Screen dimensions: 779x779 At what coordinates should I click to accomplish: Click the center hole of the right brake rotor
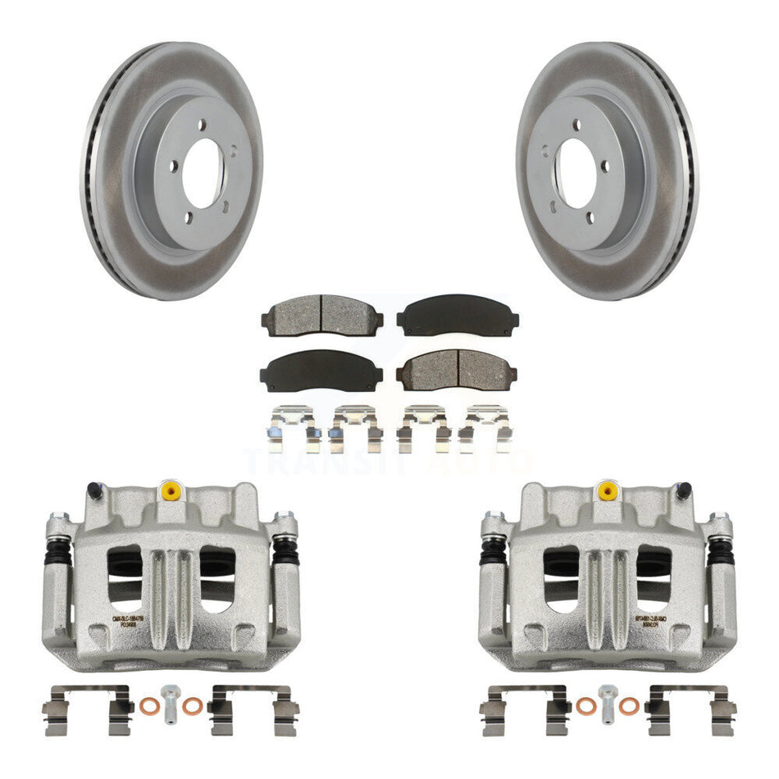(577, 174)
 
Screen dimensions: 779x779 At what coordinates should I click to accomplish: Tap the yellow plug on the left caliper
(171, 490)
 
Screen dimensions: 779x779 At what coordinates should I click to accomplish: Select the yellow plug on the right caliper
(607, 490)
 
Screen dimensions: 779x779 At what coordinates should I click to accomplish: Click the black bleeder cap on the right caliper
(682, 491)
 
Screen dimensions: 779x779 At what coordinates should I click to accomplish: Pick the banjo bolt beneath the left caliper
(171, 702)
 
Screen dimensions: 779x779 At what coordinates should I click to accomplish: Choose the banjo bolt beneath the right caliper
(607, 702)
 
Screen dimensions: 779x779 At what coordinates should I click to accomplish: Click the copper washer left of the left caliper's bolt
(148, 705)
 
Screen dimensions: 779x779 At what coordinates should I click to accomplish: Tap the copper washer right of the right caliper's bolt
(629, 706)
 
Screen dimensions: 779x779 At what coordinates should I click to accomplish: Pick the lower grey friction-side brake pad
(457, 370)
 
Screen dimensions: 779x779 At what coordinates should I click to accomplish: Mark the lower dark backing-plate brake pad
(321, 371)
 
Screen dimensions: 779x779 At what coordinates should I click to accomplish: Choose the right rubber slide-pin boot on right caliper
(721, 552)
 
